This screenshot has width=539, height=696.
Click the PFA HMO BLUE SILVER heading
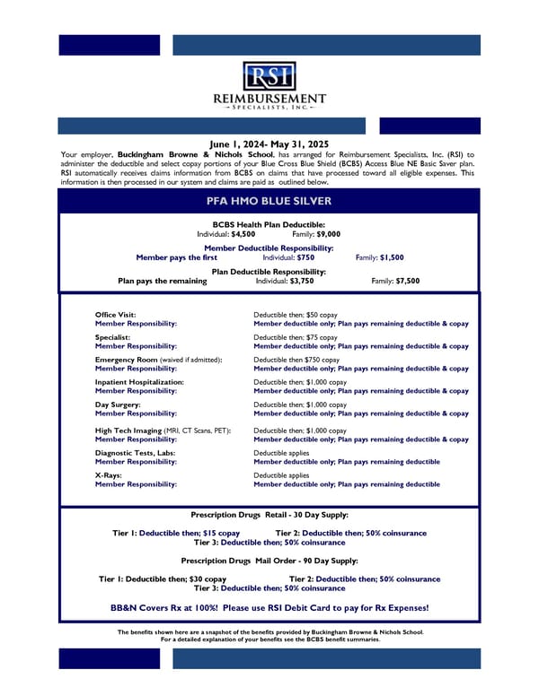click(x=269, y=201)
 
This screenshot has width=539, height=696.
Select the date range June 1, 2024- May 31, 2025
click(x=269, y=144)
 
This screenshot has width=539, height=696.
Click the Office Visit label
click(x=116, y=315)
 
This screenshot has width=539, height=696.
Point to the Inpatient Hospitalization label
click(x=139, y=382)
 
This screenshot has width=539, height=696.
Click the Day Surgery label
click(x=118, y=405)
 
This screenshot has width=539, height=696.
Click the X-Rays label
click(x=109, y=475)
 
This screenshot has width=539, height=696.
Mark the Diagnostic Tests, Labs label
click(x=135, y=453)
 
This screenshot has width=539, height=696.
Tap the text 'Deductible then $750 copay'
click(x=296, y=360)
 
